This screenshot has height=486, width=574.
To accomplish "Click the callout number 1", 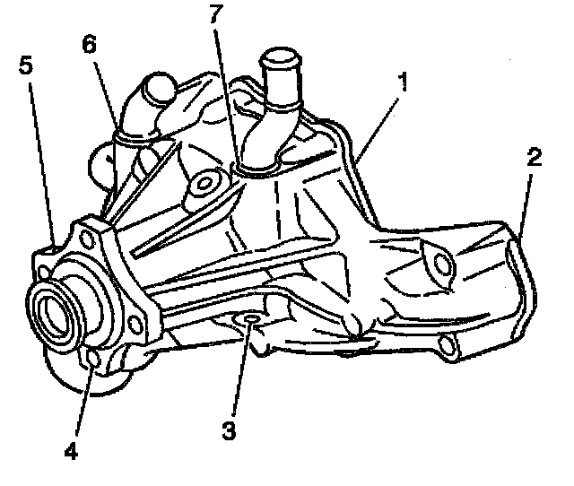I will [404, 83].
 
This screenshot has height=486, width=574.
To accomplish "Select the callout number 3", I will [230, 430].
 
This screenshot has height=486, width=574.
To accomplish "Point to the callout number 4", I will [70, 449].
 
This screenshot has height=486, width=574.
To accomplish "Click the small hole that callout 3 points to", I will [251, 319].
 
